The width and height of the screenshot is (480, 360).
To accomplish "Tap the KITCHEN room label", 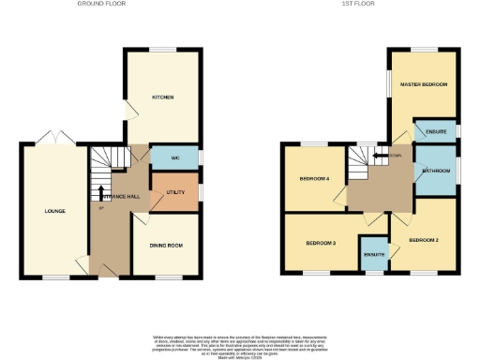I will point(163,97).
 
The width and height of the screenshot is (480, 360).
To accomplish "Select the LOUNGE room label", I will point(54,211).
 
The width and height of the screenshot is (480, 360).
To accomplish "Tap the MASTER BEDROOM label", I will point(424,85).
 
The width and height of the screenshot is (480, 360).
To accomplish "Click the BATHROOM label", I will point(436,171).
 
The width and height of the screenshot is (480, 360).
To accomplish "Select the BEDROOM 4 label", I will point(314,178).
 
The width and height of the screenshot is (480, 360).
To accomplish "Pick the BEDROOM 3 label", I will point(321,243).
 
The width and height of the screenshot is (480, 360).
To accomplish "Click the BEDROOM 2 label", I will point(424,241).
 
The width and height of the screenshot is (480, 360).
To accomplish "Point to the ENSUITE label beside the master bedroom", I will point(436,131).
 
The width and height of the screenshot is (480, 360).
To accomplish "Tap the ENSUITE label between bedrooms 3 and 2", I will point(375,255).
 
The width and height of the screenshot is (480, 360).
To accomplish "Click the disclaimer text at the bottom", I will point(239,345).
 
